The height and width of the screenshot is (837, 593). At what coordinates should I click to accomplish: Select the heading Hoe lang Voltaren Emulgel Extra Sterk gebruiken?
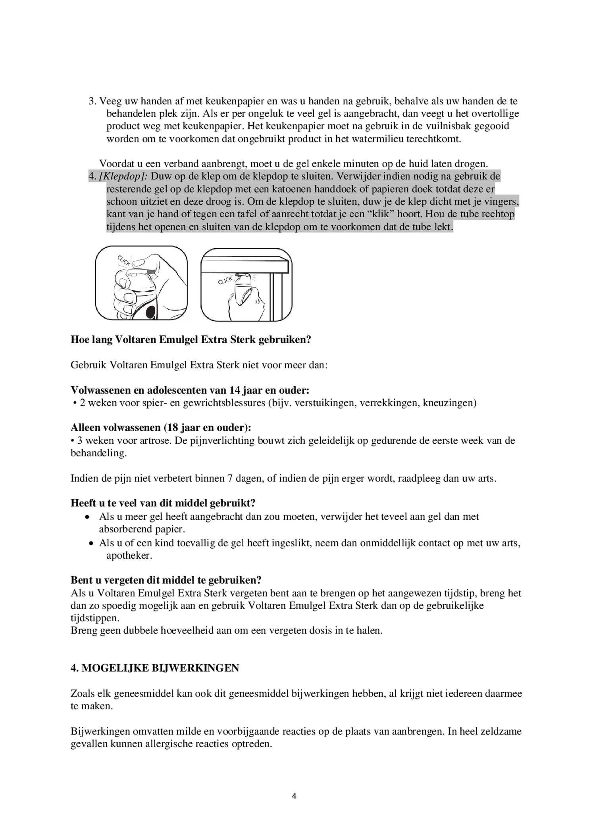coord(191,340)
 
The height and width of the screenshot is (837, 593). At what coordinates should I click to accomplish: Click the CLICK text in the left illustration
coord(124,261)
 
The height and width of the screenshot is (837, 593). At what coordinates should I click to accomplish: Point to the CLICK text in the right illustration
coord(225,280)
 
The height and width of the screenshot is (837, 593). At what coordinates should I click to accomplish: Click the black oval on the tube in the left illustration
coord(150,312)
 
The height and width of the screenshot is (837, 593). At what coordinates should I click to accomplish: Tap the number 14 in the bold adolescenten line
coord(235,390)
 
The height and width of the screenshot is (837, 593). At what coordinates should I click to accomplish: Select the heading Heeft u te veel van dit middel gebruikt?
coord(163,503)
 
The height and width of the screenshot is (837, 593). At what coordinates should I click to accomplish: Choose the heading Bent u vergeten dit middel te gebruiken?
coord(166,580)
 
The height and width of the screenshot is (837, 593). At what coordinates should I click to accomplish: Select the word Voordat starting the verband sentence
coord(117,164)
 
